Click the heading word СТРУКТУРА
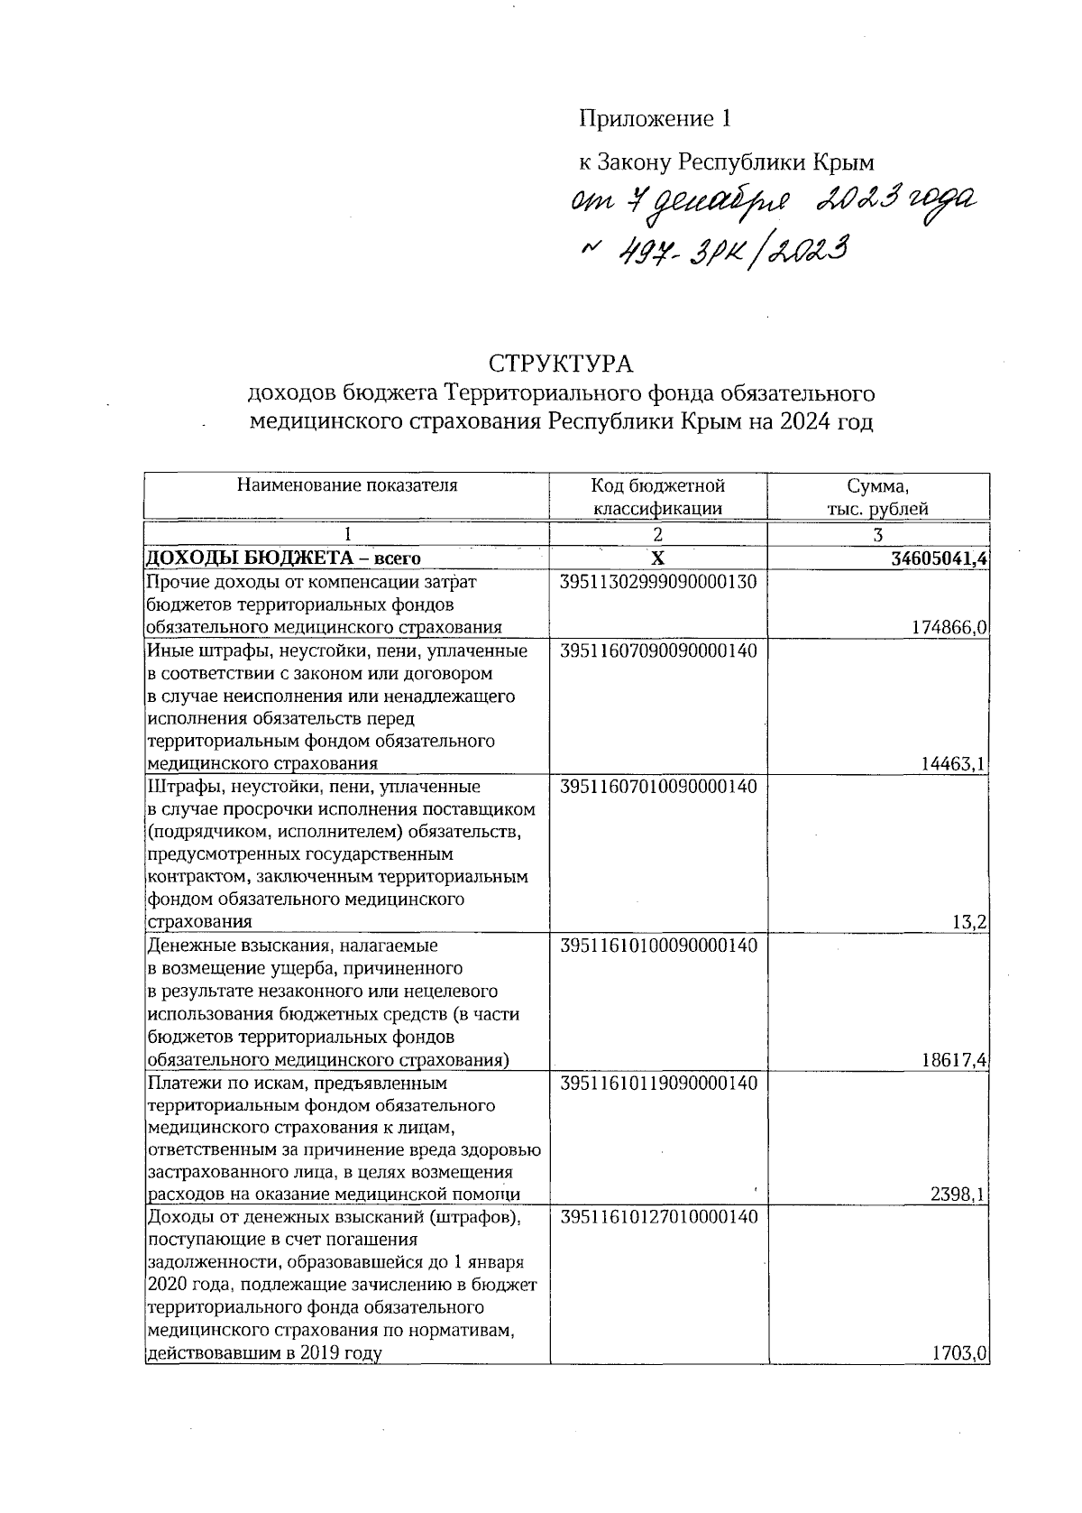561,364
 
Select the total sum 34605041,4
939,558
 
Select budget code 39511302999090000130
658,583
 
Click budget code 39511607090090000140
658,650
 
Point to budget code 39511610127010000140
658,1217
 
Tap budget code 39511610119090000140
658,1082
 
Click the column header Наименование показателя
347,485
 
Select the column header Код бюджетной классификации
657,496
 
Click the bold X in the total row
657,558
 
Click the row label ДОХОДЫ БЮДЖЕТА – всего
283,558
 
